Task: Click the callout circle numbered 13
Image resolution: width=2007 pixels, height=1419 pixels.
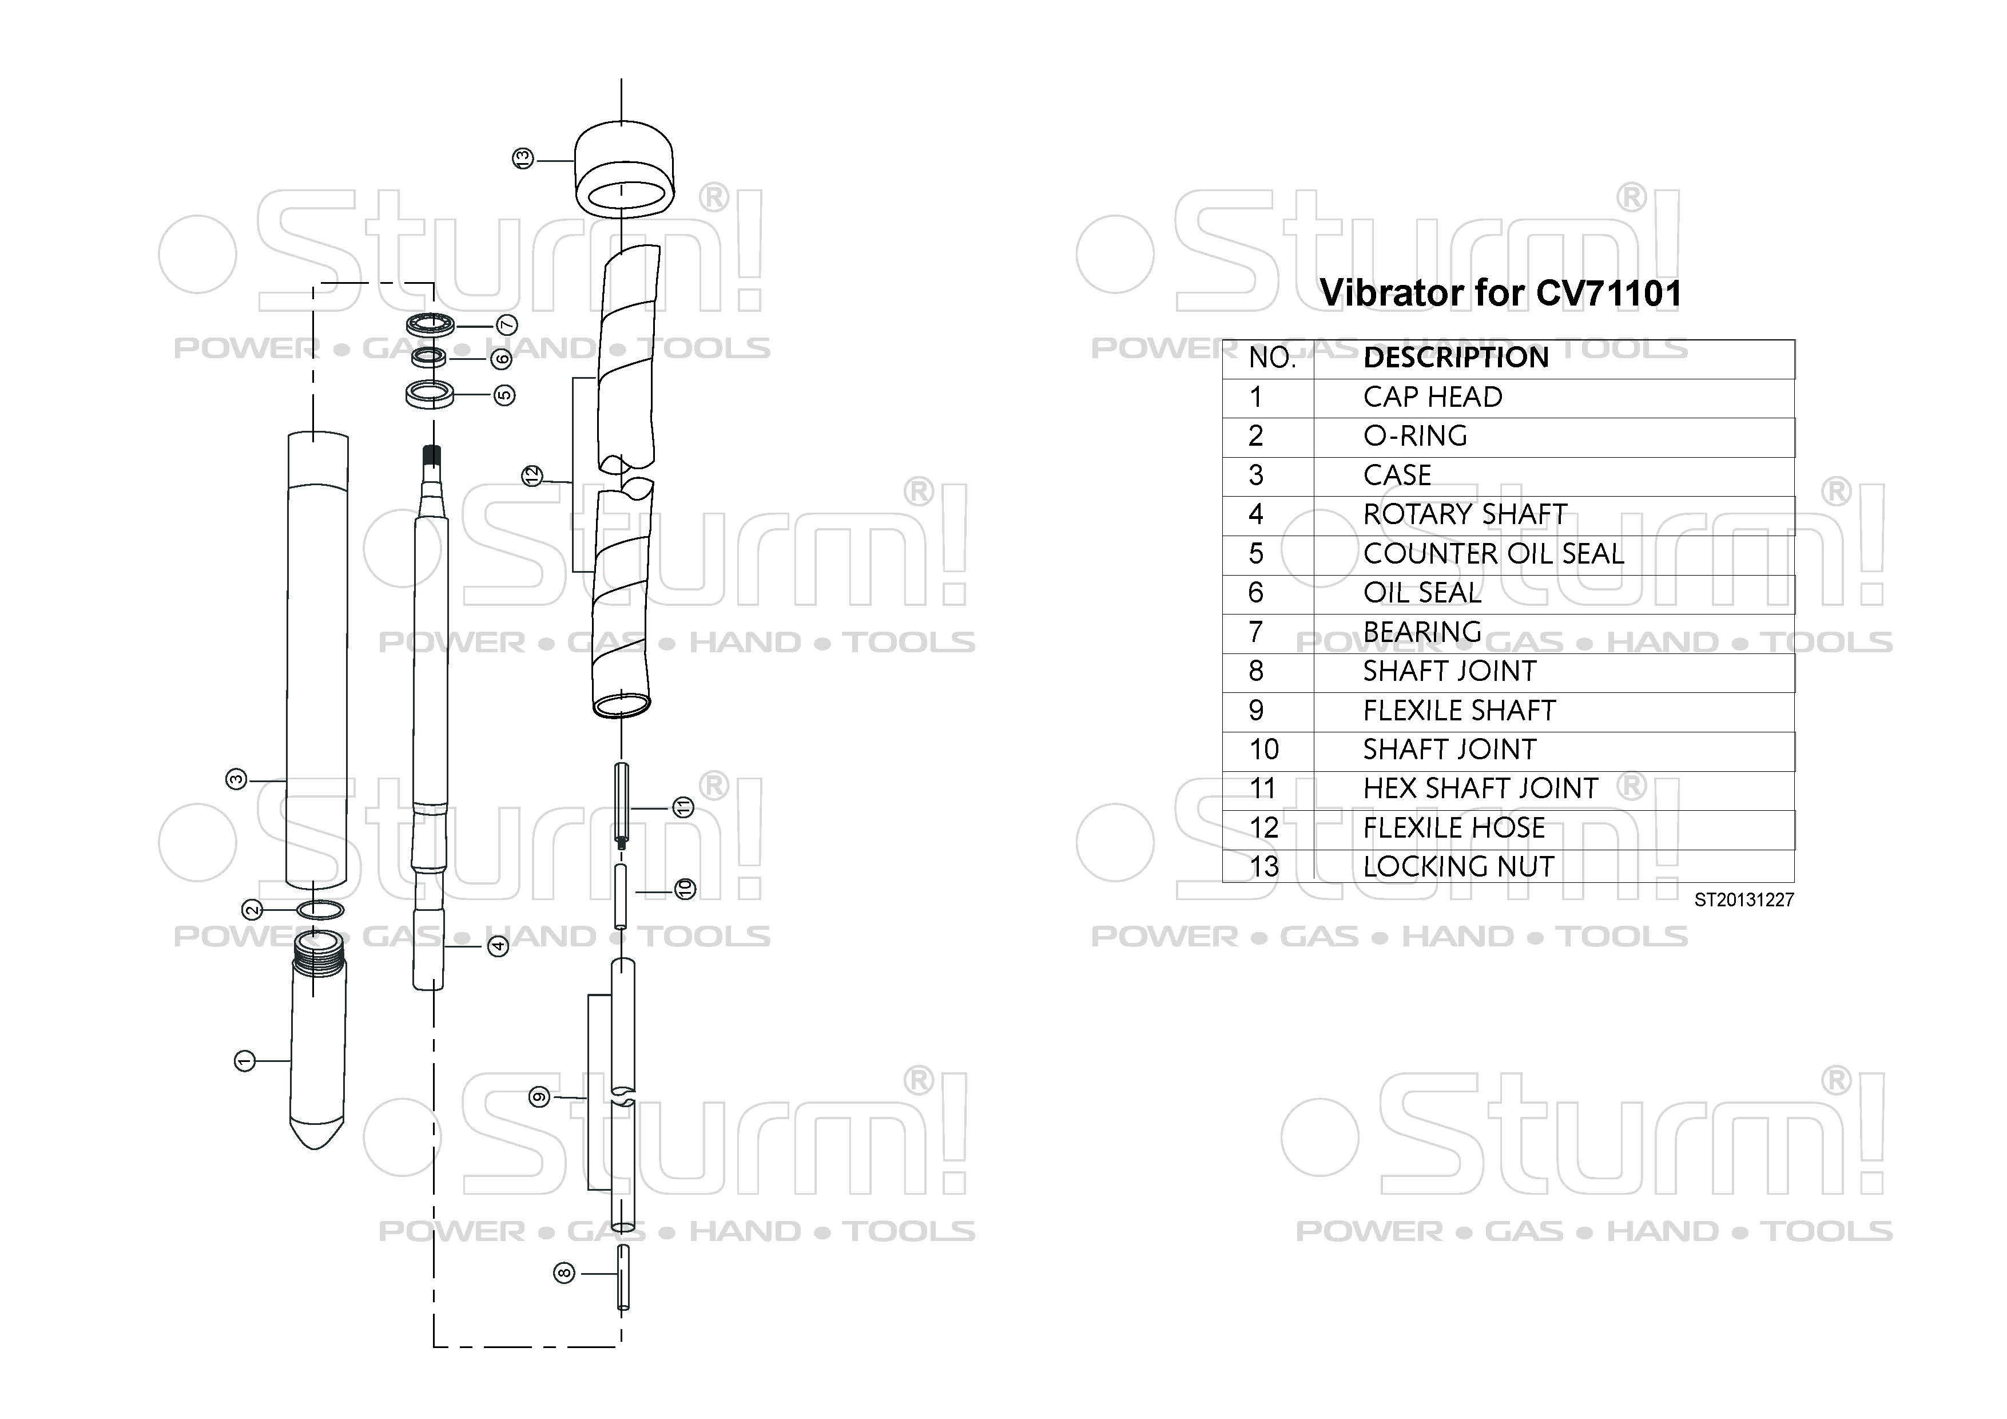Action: (523, 159)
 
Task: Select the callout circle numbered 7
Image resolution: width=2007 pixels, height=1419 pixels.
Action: (507, 325)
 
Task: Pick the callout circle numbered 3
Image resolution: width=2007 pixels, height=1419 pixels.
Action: (236, 779)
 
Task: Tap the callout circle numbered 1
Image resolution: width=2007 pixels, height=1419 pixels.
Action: (245, 1061)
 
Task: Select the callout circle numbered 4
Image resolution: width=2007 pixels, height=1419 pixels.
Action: (498, 945)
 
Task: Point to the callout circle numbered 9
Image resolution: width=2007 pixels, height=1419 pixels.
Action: (539, 1096)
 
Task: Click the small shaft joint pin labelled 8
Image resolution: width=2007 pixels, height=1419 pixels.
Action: (623, 1277)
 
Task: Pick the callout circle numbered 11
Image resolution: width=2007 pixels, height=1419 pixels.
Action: (683, 807)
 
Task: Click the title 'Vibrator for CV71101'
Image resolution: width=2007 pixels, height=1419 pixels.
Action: (1500, 293)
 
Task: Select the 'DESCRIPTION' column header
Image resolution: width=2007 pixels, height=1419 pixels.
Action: (1456, 358)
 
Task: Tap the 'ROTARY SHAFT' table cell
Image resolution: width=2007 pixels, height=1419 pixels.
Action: (1465, 514)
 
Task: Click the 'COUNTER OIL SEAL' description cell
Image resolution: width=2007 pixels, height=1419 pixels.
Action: (1493, 553)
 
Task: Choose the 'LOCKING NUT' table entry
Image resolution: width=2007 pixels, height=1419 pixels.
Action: (1458, 866)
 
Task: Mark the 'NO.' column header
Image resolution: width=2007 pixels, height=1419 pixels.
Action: (1272, 358)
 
